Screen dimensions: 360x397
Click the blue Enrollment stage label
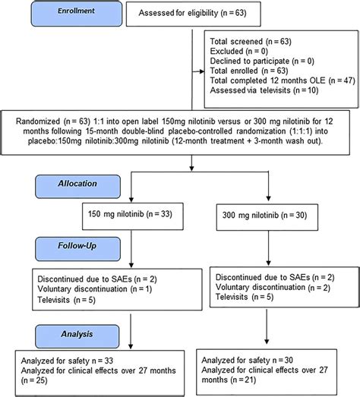pyautogui.click(x=77, y=14)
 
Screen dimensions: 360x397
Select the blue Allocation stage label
pyautogui.click(x=77, y=186)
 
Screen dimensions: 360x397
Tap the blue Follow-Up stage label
pyautogui.click(x=77, y=249)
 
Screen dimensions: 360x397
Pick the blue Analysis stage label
pyautogui.click(x=77, y=336)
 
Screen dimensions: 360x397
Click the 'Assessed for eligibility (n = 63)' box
pyautogui.click(x=194, y=14)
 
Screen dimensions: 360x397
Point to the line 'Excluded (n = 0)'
pyautogui.click(x=239, y=51)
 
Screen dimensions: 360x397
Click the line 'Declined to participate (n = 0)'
pyautogui.click(x=262, y=61)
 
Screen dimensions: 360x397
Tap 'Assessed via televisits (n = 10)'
pyautogui.click(x=264, y=90)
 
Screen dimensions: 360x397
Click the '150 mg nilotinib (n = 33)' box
pyautogui.click(x=133, y=216)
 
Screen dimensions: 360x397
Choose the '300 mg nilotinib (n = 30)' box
pyautogui.click(x=267, y=217)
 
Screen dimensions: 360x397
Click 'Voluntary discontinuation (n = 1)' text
pyautogui.click(x=95, y=289)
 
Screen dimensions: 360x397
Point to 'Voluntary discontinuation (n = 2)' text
pyautogui.click(x=273, y=287)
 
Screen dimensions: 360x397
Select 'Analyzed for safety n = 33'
pyautogui.click(x=67, y=361)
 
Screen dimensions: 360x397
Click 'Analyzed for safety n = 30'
pyautogui.click(x=248, y=360)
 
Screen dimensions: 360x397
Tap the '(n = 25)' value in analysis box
pyautogui.click(x=34, y=380)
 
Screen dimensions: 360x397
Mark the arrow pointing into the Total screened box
pyautogui.click(x=198, y=71)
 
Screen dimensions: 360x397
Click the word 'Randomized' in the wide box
pyautogui.click(x=38, y=121)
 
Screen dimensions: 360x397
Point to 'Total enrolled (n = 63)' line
pyautogui.click(x=249, y=71)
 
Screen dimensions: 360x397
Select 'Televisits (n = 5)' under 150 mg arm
pyautogui.click(x=66, y=300)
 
